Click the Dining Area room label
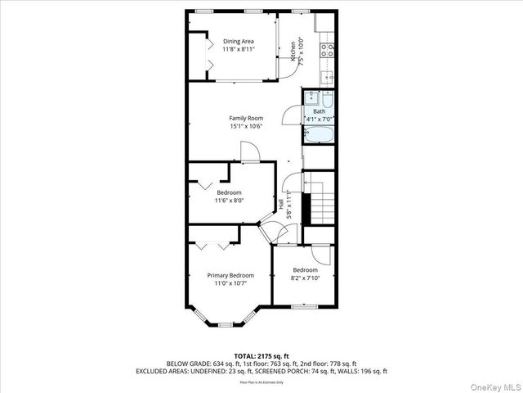click(239, 41)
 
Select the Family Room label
click(245, 118)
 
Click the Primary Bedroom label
click(230, 275)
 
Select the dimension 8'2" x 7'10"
click(305, 278)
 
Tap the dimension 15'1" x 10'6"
click(245, 126)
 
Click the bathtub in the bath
click(318, 134)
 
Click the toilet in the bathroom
click(326, 99)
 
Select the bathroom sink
click(311, 99)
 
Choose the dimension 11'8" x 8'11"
click(239, 49)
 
